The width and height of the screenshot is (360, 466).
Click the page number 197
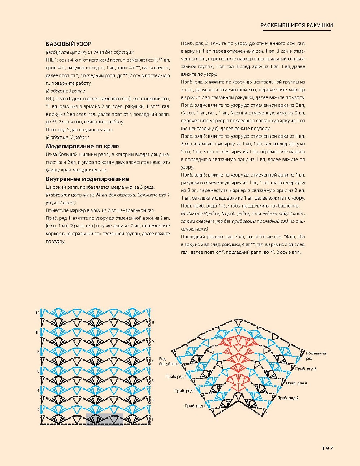click(327, 448)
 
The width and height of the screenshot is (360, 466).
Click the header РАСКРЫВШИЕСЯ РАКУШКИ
click(296, 25)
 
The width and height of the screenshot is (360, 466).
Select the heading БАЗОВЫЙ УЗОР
click(69, 44)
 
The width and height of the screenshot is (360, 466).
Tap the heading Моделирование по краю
click(82, 146)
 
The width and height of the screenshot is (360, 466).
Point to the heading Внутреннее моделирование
click(87, 179)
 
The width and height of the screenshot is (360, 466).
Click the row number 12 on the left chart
click(38, 313)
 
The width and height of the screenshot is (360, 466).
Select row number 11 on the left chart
click(153, 322)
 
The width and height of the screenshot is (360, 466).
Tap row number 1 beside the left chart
click(152, 419)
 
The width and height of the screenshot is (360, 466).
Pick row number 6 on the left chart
click(38, 371)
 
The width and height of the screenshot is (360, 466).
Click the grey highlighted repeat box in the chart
click(105, 419)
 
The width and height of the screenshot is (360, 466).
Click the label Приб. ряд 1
click(195, 406)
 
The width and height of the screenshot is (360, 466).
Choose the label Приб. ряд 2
click(288, 398)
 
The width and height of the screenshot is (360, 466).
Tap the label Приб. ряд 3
click(185, 391)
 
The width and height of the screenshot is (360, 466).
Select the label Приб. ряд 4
click(296, 383)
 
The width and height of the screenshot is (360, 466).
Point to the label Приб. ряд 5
click(176, 376)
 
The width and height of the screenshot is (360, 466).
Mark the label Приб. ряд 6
click(305, 369)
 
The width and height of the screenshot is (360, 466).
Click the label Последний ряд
click(316, 356)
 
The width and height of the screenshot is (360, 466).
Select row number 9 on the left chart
click(153, 341)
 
